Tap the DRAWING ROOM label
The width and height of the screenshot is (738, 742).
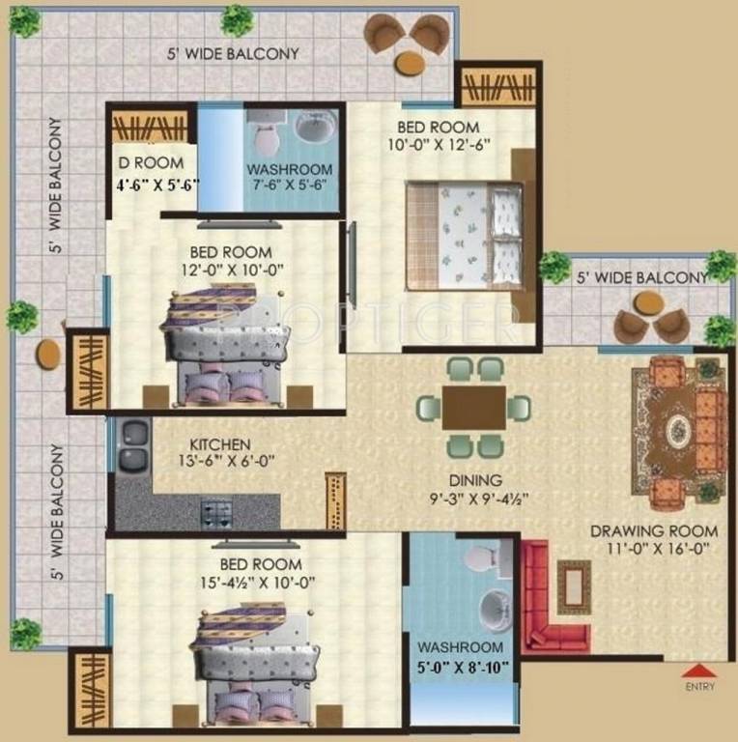point(654,531)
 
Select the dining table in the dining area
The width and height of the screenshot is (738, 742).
point(474,408)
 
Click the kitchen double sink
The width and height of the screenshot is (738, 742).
point(134,444)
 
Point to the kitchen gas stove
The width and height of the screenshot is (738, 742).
point(217,514)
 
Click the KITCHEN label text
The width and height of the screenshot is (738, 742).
point(220,444)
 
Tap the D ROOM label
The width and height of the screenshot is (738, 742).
point(151,163)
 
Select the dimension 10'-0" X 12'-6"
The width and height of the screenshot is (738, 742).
point(439,144)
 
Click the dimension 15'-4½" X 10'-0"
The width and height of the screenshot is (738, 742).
point(258,583)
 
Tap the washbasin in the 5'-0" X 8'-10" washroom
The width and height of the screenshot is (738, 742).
point(496,610)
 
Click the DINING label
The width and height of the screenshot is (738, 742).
point(475,480)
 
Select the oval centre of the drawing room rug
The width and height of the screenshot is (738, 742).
point(679,430)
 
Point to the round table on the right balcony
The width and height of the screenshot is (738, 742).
point(647,302)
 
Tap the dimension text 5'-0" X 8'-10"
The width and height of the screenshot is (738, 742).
point(463,668)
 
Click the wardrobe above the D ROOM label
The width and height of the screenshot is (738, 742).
point(150,127)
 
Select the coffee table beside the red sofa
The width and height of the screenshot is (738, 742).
point(575,586)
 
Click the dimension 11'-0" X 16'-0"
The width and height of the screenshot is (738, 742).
point(658,549)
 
